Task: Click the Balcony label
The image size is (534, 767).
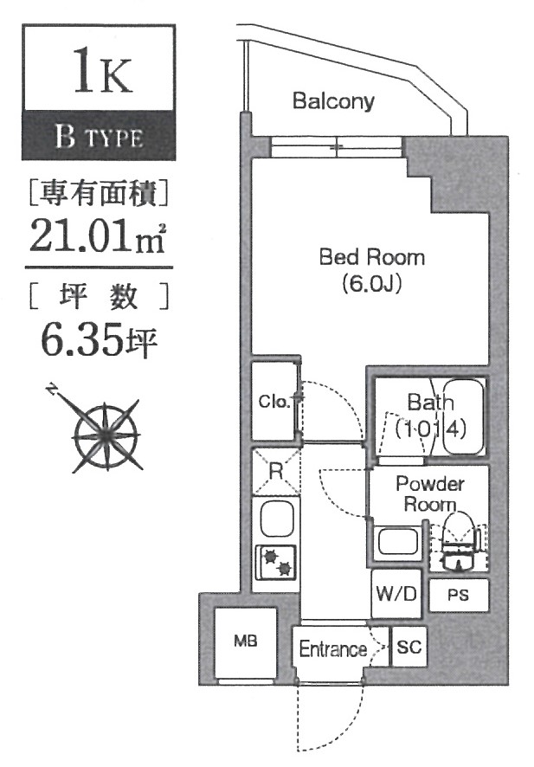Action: [333, 101]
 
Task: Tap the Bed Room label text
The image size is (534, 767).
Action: [372, 257]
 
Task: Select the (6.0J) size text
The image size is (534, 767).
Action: [372, 283]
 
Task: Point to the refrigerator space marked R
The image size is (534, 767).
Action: [275, 472]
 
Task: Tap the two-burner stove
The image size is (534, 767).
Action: [275, 563]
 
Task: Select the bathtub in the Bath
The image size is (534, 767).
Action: [464, 416]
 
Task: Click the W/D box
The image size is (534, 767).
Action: [396, 595]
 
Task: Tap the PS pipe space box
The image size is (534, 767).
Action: [459, 596]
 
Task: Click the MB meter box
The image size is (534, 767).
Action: [245, 643]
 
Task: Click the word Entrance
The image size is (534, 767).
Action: [332, 649]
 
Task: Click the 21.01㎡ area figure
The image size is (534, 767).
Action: [94, 235]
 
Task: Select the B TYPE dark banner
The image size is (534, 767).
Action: [100, 137]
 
